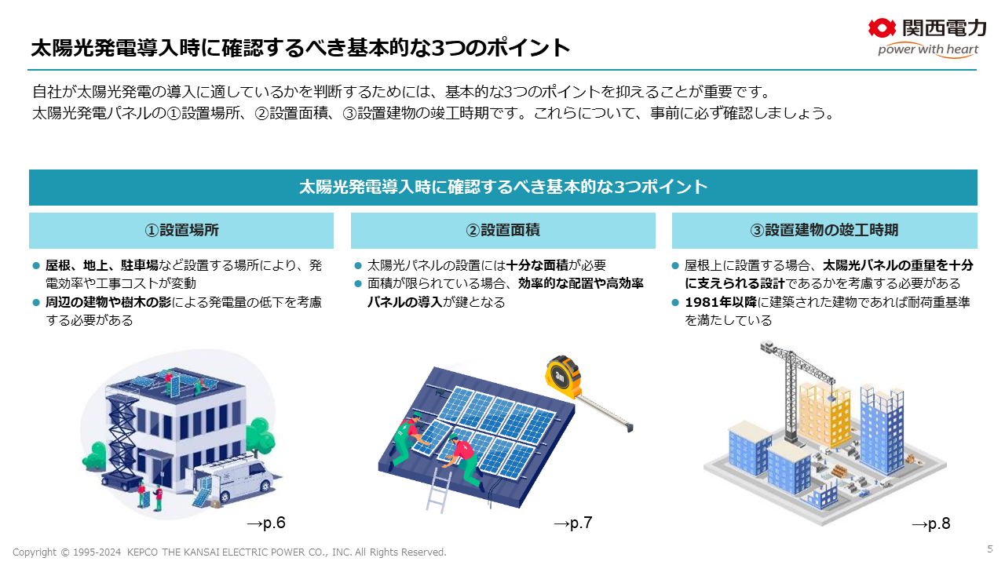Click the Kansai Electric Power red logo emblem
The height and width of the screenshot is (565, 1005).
(883, 28)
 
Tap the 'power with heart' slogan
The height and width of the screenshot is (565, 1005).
(927, 50)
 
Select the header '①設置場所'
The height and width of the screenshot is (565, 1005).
(181, 230)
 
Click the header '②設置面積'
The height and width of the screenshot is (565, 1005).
(502, 230)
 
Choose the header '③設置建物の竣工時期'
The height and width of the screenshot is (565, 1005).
(824, 230)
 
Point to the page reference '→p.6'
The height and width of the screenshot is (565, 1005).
(265, 523)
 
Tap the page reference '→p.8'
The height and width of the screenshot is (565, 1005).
(930, 523)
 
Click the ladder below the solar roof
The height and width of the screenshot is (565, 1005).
(437, 491)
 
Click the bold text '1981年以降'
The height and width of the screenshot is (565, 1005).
(714, 302)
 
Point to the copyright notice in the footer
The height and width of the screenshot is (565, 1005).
(229, 552)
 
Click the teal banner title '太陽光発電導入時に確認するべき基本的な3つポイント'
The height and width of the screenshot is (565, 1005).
(502, 188)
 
